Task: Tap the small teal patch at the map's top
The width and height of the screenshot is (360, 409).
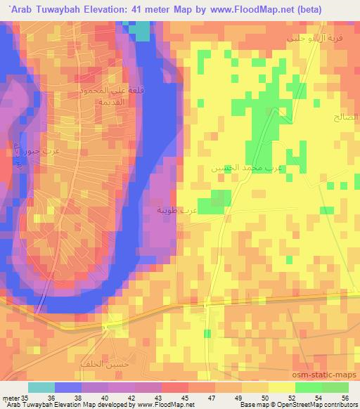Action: click(x=141, y=30)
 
